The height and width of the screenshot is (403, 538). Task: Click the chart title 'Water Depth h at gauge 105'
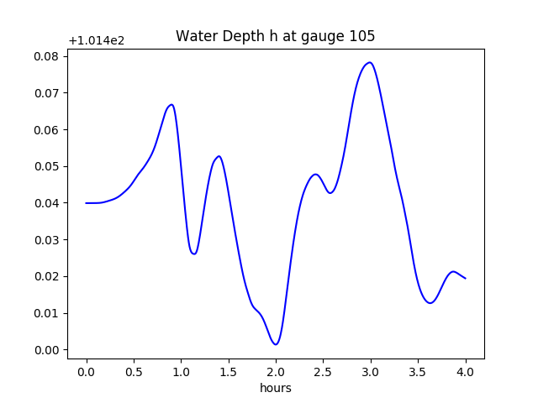coord(275,36)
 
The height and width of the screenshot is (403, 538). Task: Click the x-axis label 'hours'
coord(275,389)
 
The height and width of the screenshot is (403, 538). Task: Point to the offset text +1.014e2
coord(97,40)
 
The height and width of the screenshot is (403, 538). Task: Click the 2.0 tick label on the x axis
coord(276,369)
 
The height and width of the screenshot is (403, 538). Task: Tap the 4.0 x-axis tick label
coord(465,369)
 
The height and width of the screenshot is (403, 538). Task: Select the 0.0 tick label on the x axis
coord(86,369)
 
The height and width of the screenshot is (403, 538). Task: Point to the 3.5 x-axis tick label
coord(418,369)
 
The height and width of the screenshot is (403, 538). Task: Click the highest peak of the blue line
coord(369,62)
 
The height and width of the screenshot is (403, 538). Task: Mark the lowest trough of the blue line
coord(276,344)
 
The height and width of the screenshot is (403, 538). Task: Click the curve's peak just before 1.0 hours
coord(171,105)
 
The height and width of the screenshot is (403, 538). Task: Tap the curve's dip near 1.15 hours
coord(194,254)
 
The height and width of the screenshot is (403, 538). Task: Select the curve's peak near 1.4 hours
coord(219,156)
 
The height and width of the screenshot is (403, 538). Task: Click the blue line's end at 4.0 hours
coord(465,278)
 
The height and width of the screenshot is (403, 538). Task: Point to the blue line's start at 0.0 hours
coord(86,203)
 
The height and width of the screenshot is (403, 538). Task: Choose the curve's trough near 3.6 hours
coord(430,302)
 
